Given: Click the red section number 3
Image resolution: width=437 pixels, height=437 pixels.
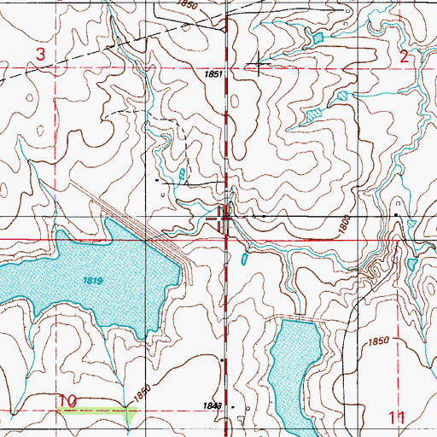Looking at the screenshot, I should [x=39, y=54].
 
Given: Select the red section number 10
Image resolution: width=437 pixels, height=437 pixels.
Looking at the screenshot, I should [x=69, y=399].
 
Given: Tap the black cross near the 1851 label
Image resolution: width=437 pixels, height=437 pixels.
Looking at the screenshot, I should [x=258, y=65].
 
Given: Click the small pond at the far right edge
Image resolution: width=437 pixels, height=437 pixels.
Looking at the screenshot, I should [x=413, y=264].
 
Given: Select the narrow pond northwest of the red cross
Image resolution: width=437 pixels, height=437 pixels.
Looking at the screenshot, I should [x=184, y=177].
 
